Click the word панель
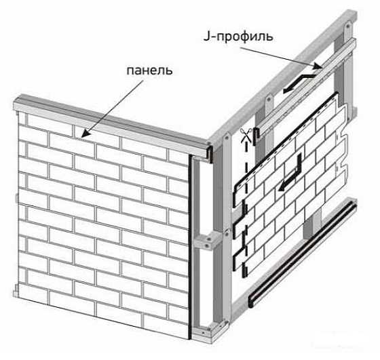[x=149, y=71]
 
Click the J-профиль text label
[x=238, y=37]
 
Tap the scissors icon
[x=245, y=135]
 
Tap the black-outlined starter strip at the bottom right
[x=303, y=254]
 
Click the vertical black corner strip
[x=190, y=247]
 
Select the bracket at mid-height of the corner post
[x=208, y=240]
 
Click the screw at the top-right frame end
[x=349, y=25]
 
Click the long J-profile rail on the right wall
[x=306, y=87]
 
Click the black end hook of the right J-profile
[x=256, y=136]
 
